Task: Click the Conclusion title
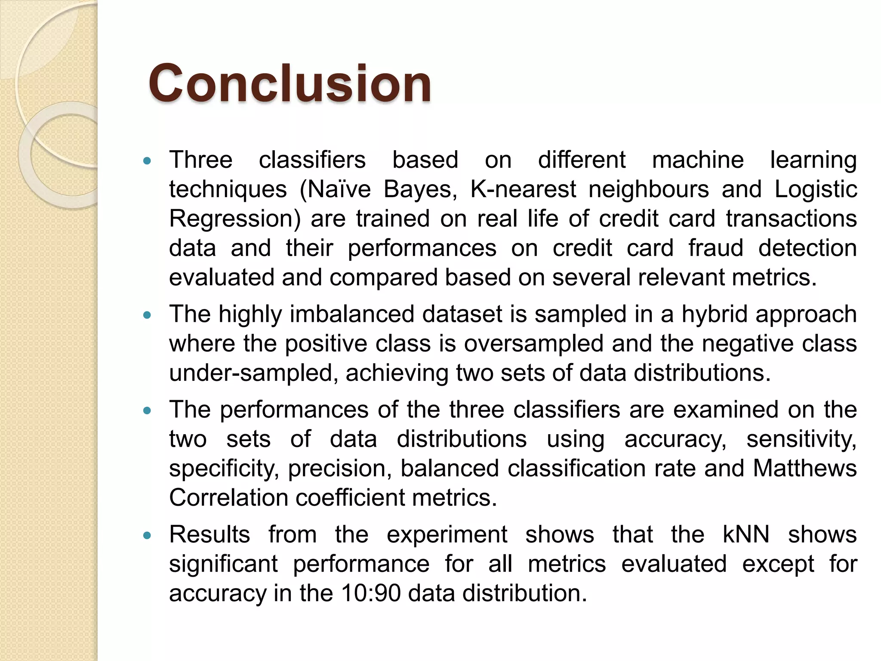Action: pos(290,83)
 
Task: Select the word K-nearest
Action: pos(523,189)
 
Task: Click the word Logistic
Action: pos(816,189)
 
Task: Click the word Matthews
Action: pos(805,468)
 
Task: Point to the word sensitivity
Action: pos(801,439)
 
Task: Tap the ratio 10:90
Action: pos(370,593)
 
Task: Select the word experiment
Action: pos(447,534)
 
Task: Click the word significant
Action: pos(223,564)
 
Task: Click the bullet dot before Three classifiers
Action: pos(147,161)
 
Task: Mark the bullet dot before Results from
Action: pos(147,536)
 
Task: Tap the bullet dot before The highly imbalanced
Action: pos(147,315)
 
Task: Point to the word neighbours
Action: pos(648,189)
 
